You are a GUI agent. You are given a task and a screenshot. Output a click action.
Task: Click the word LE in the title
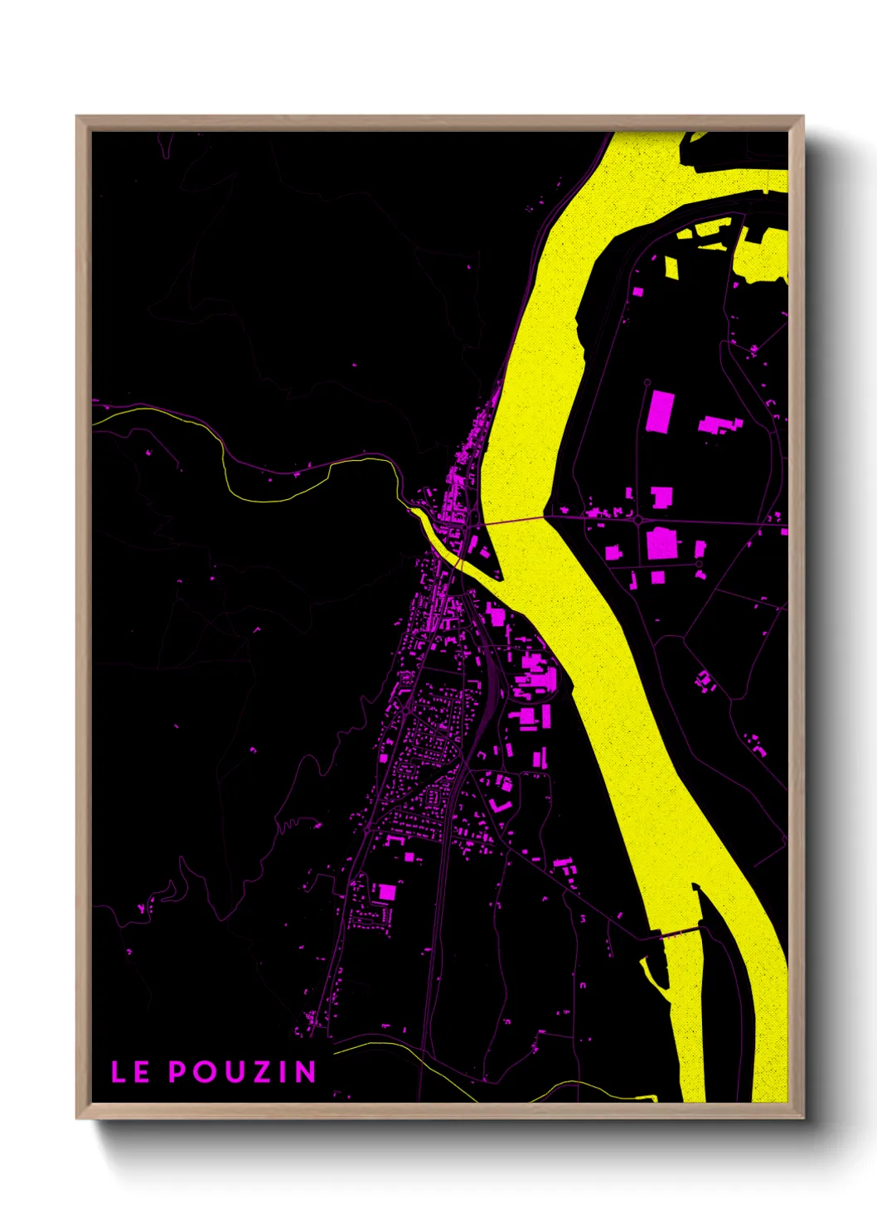click(130, 1072)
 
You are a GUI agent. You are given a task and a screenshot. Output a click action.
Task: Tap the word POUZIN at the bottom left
click(243, 1072)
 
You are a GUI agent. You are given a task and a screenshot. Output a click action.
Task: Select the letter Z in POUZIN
click(263, 1072)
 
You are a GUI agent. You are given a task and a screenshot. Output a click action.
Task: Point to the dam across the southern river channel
click(679, 932)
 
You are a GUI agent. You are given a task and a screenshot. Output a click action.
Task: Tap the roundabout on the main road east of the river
click(638, 520)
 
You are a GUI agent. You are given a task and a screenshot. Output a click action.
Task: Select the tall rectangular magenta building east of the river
click(660, 411)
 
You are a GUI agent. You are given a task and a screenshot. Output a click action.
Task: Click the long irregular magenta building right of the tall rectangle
click(720, 425)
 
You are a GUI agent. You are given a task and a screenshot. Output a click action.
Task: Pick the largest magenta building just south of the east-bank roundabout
click(661, 545)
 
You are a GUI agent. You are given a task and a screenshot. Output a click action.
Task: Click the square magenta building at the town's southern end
click(385, 892)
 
